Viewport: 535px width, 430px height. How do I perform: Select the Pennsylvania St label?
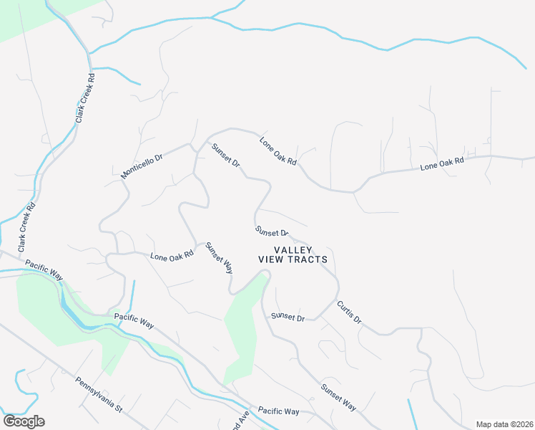click(x=99, y=395)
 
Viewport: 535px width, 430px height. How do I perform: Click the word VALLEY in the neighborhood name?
click(x=293, y=249)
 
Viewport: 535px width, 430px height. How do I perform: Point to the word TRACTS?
click(x=307, y=259)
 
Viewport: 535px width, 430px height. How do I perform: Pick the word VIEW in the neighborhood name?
click(x=271, y=259)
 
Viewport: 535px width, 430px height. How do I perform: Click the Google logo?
click(x=24, y=421)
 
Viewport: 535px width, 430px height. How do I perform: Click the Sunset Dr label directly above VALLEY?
click(x=272, y=231)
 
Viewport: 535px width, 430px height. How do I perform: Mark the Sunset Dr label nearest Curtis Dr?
click(x=288, y=317)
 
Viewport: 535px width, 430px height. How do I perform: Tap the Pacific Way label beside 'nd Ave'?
click(x=279, y=411)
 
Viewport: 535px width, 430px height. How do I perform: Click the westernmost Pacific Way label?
click(x=44, y=269)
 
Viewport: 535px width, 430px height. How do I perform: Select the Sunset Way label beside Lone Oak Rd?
click(x=219, y=258)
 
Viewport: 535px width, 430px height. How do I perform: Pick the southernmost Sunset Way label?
click(x=338, y=397)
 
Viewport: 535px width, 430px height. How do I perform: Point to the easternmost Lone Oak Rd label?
click(x=442, y=163)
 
